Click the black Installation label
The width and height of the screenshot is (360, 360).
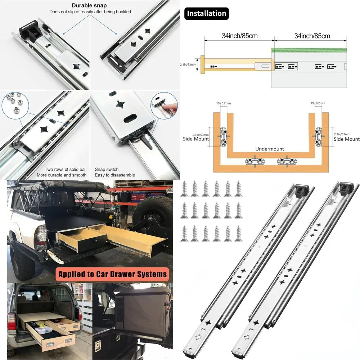pyautogui.click(x=206, y=14)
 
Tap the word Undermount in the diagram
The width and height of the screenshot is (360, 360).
pyautogui.click(x=270, y=149)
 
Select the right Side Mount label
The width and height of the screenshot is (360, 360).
pyautogui.click(x=346, y=139)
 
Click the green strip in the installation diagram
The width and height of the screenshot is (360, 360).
pyautogui.click(x=309, y=50)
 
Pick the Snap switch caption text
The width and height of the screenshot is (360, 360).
pyautogui.click(x=107, y=169)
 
